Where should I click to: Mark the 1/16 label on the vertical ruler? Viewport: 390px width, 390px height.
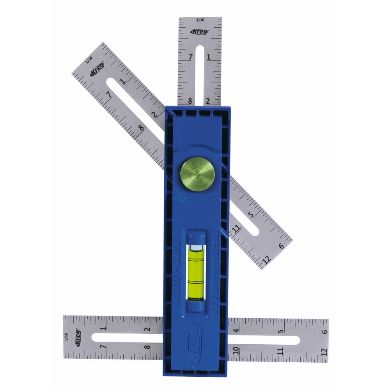200,20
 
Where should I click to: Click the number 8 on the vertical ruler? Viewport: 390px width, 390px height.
190,101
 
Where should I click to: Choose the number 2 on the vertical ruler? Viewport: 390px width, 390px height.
208,101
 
